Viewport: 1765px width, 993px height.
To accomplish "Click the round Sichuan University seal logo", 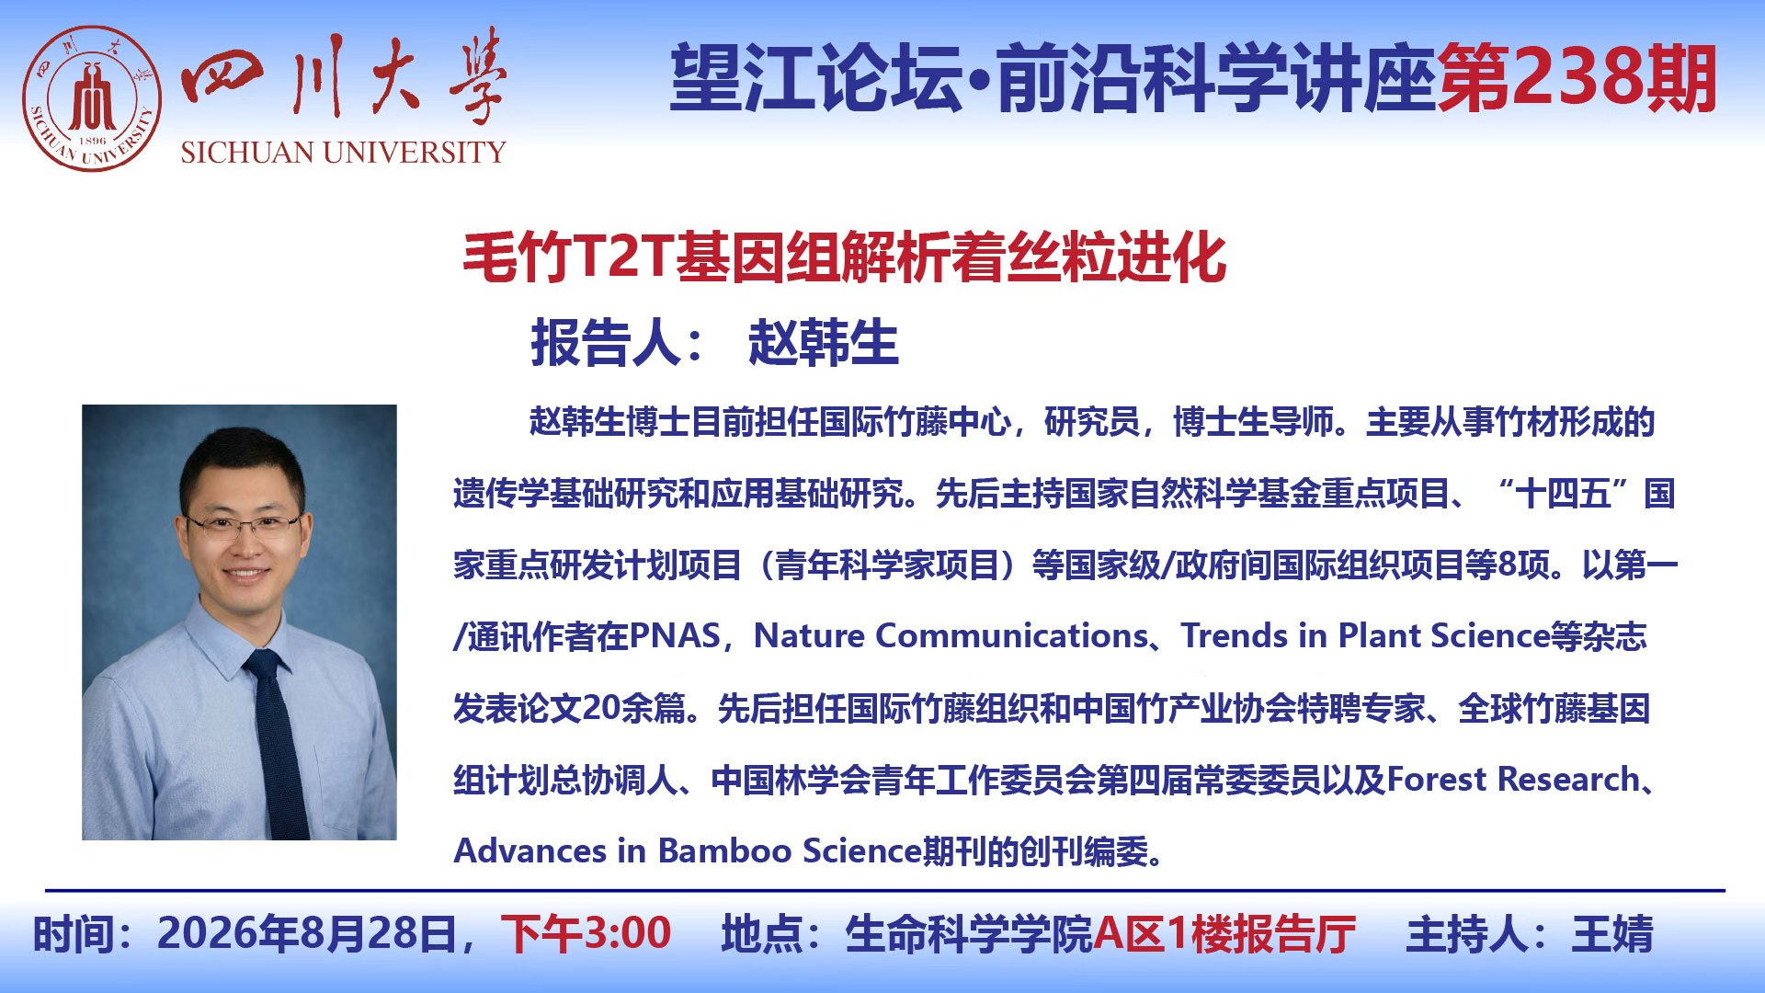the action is click(92, 98).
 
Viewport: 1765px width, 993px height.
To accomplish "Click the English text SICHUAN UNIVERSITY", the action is click(343, 153).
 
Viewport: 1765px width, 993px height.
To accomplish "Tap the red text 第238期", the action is click(1577, 78).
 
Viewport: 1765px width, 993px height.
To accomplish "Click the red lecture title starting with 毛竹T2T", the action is click(844, 257).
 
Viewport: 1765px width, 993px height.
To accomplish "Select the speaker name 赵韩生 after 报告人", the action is click(824, 343).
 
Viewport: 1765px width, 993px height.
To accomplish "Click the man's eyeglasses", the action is click(244, 526).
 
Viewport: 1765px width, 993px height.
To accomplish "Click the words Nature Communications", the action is click(951, 635).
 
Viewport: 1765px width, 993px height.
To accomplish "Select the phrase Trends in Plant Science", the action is click(1366, 635).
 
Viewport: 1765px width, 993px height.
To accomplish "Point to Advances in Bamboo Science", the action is click(688, 850).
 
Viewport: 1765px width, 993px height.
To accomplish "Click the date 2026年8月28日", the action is click(307, 933).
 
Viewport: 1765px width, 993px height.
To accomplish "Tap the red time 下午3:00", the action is click(586, 933).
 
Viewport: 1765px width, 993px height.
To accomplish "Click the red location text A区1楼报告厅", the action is click(1224, 933).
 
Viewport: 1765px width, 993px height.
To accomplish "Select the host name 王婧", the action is click(1613, 933).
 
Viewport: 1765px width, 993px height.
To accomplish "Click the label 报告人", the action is click(607, 343).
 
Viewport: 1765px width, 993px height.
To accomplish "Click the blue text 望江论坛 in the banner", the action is click(817, 78).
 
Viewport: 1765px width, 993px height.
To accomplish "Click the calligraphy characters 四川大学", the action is click(344, 78).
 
